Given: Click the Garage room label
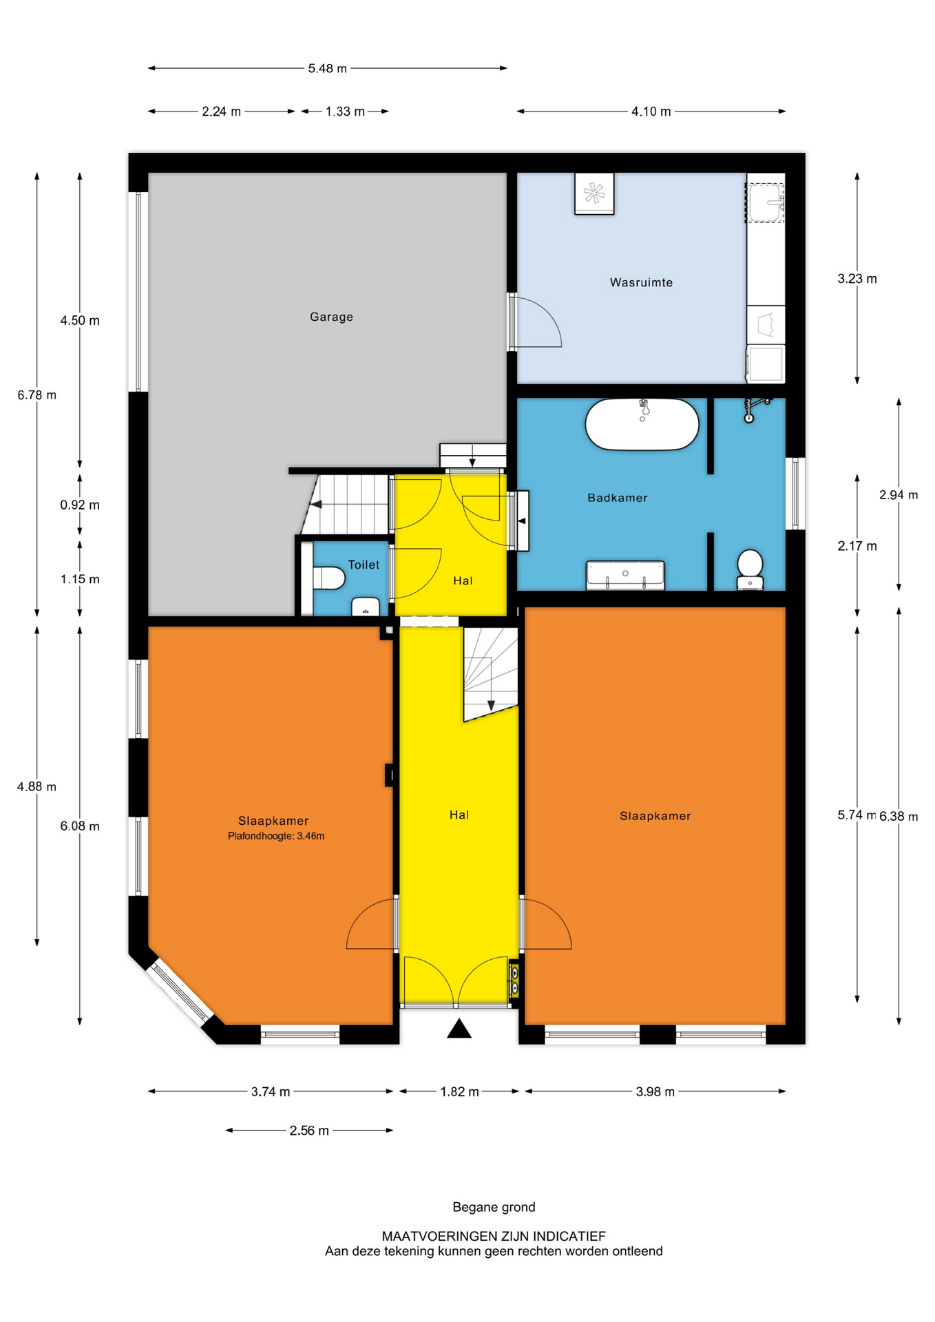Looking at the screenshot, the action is [331, 317].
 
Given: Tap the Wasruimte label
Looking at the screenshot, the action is [641, 282].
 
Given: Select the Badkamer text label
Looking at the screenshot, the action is [617, 498].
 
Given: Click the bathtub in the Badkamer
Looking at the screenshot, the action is [642, 424].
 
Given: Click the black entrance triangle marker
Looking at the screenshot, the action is [459, 1029].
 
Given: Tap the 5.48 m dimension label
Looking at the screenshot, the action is [327, 68].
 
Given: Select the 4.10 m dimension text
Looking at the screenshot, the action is [651, 112].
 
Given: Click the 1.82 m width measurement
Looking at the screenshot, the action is [459, 1091].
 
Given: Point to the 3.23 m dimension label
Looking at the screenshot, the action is [857, 279].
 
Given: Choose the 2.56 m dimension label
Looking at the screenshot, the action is [309, 1131].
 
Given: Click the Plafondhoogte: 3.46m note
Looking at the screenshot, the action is [276, 836].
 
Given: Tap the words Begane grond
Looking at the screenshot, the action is [494, 1207].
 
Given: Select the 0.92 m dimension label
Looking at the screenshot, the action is [80, 505].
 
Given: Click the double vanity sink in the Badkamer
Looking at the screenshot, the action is [625, 575].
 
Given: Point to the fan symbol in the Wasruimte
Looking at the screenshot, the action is [594, 193].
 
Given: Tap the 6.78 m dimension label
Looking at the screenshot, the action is [37, 395].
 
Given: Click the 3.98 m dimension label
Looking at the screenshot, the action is [655, 1091].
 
